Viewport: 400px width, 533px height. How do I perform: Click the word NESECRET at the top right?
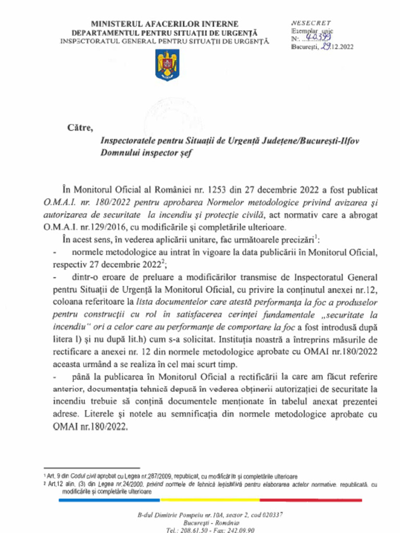pyautogui.click(x=311, y=23)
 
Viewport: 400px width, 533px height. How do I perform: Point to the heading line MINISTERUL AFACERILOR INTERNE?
pyautogui.click(x=165, y=24)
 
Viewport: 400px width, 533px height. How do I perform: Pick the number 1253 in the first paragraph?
pyautogui.click(x=219, y=191)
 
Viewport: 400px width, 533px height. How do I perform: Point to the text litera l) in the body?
pyautogui.click(x=65, y=340)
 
